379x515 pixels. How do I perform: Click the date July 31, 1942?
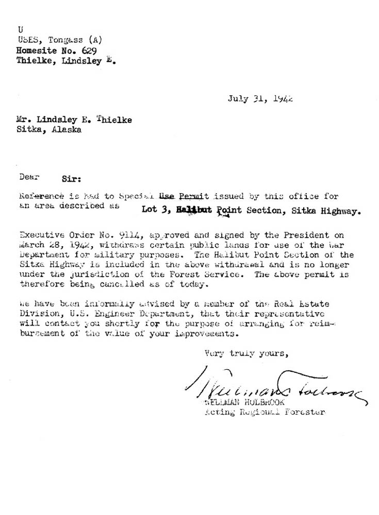[260, 99]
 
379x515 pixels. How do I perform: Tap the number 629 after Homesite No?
[88, 50]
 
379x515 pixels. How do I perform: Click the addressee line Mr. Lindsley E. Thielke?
[74, 120]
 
